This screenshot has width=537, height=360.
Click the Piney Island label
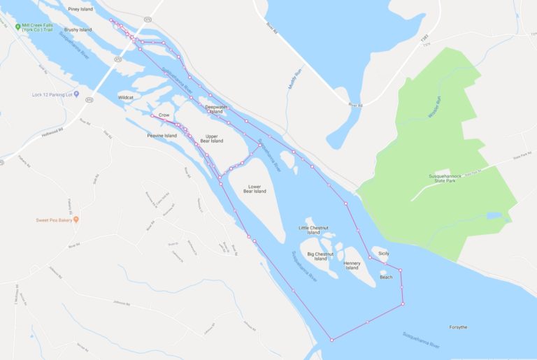pyautogui.click(x=81, y=9)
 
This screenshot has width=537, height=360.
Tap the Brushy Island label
pyautogui.click(x=78, y=30)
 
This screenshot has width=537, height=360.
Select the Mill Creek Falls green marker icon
pyautogui.click(x=17, y=27)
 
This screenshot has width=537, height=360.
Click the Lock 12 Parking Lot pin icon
pyautogui.click(x=76, y=94)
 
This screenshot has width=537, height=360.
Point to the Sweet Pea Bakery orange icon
pyautogui.click(x=76, y=219)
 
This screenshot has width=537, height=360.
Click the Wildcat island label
pyautogui.click(x=126, y=97)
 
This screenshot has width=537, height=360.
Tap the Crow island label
pyautogui.click(x=164, y=115)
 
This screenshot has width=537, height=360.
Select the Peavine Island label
pyautogui.click(x=162, y=136)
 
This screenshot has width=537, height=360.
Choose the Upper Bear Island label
pyautogui.click(x=211, y=138)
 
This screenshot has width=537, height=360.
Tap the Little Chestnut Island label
pyautogui.click(x=313, y=230)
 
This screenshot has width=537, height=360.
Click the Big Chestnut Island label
pyautogui.click(x=320, y=257)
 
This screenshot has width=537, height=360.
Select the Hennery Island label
pyautogui.click(x=352, y=266)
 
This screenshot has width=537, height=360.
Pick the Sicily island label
pyautogui.click(x=383, y=252)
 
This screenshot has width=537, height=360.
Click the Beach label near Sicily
pyautogui.click(x=386, y=278)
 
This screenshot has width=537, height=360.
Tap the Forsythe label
pyautogui.click(x=459, y=327)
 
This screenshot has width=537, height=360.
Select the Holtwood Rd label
pyautogui.click(x=53, y=133)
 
